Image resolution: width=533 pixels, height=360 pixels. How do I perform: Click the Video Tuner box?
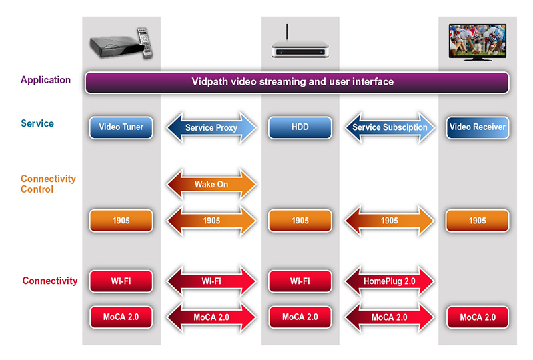[x=121, y=127]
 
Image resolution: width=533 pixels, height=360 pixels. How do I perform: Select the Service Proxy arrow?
[x=211, y=127]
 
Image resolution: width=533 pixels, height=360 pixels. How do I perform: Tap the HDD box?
[x=300, y=127]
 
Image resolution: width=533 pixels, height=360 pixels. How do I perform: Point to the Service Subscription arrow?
[x=390, y=127]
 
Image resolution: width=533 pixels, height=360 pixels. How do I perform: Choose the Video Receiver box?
[x=478, y=127]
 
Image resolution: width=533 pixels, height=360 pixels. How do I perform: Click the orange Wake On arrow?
[x=211, y=184]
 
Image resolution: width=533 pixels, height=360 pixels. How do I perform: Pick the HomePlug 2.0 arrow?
[x=390, y=281]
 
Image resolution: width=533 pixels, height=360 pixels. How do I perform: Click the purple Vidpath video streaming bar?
[x=296, y=82]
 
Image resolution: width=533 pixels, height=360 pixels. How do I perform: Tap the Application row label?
[x=45, y=80]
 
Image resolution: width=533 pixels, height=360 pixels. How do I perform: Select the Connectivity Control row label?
[x=48, y=184]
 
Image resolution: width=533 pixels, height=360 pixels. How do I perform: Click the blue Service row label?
[x=37, y=123]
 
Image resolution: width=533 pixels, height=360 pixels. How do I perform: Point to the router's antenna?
[x=287, y=32]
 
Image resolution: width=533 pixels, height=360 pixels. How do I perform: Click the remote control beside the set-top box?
[x=145, y=42]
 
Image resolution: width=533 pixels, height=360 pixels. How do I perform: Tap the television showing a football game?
[x=478, y=42]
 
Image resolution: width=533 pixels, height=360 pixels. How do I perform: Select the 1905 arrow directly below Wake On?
[x=211, y=221]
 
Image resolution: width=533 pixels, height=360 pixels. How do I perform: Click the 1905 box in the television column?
[x=478, y=221]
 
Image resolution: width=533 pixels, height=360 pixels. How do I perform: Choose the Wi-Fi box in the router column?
[x=300, y=281]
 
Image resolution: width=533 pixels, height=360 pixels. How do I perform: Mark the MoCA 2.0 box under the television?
[x=478, y=317]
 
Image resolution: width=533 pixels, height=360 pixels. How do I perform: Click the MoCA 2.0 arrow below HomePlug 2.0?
[x=390, y=317]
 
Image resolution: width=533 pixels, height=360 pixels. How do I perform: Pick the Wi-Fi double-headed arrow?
[x=211, y=281]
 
